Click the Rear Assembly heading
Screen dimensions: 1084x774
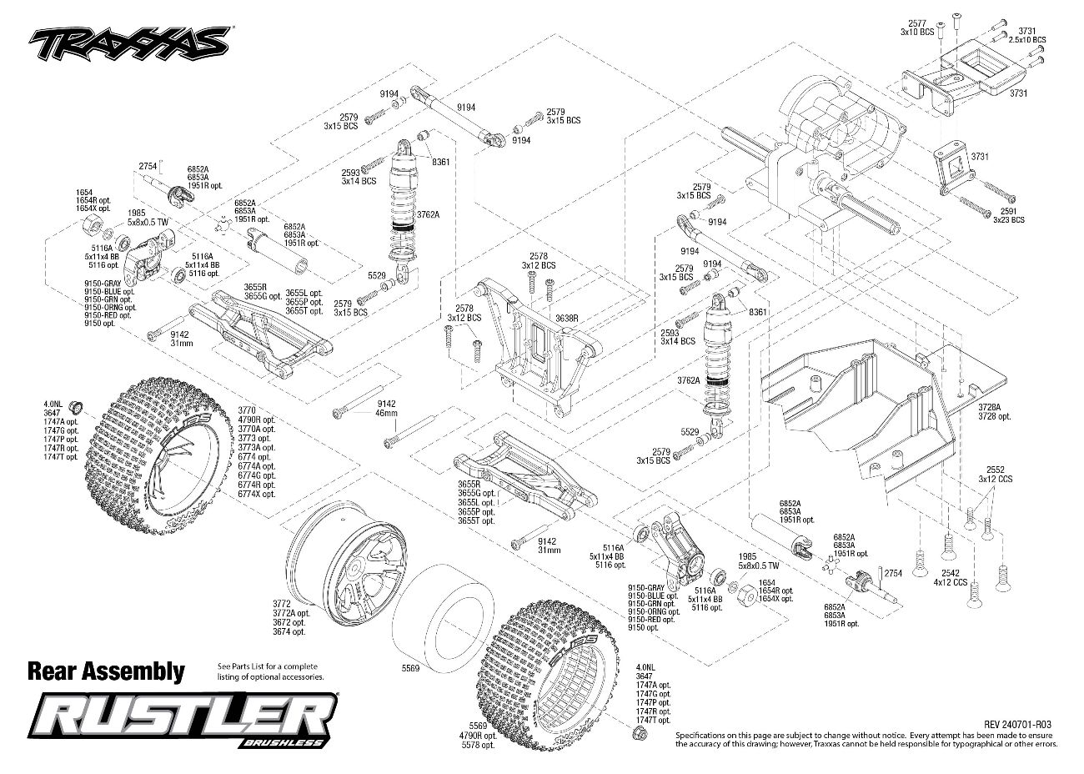point(106,671)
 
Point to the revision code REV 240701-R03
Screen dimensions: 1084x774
point(1017,725)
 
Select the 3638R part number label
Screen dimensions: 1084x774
point(567,318)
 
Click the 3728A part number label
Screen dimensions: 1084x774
point(989,407)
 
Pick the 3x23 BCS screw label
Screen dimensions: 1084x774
point(1008,219)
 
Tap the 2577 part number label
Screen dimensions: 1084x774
point(917,23)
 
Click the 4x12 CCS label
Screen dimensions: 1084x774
point(950,582)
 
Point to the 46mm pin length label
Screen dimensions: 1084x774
point(386,413)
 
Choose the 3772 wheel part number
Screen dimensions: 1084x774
point(281,604)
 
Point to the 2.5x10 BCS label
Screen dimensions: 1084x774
point(1028,40)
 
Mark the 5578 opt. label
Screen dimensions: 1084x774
point(478,745)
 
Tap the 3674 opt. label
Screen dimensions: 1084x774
point(289,631)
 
